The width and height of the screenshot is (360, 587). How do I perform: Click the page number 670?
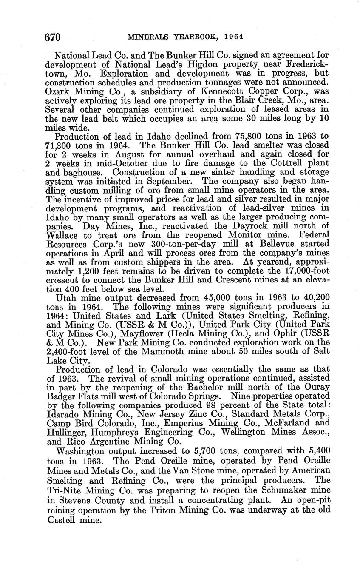(53, 37)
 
